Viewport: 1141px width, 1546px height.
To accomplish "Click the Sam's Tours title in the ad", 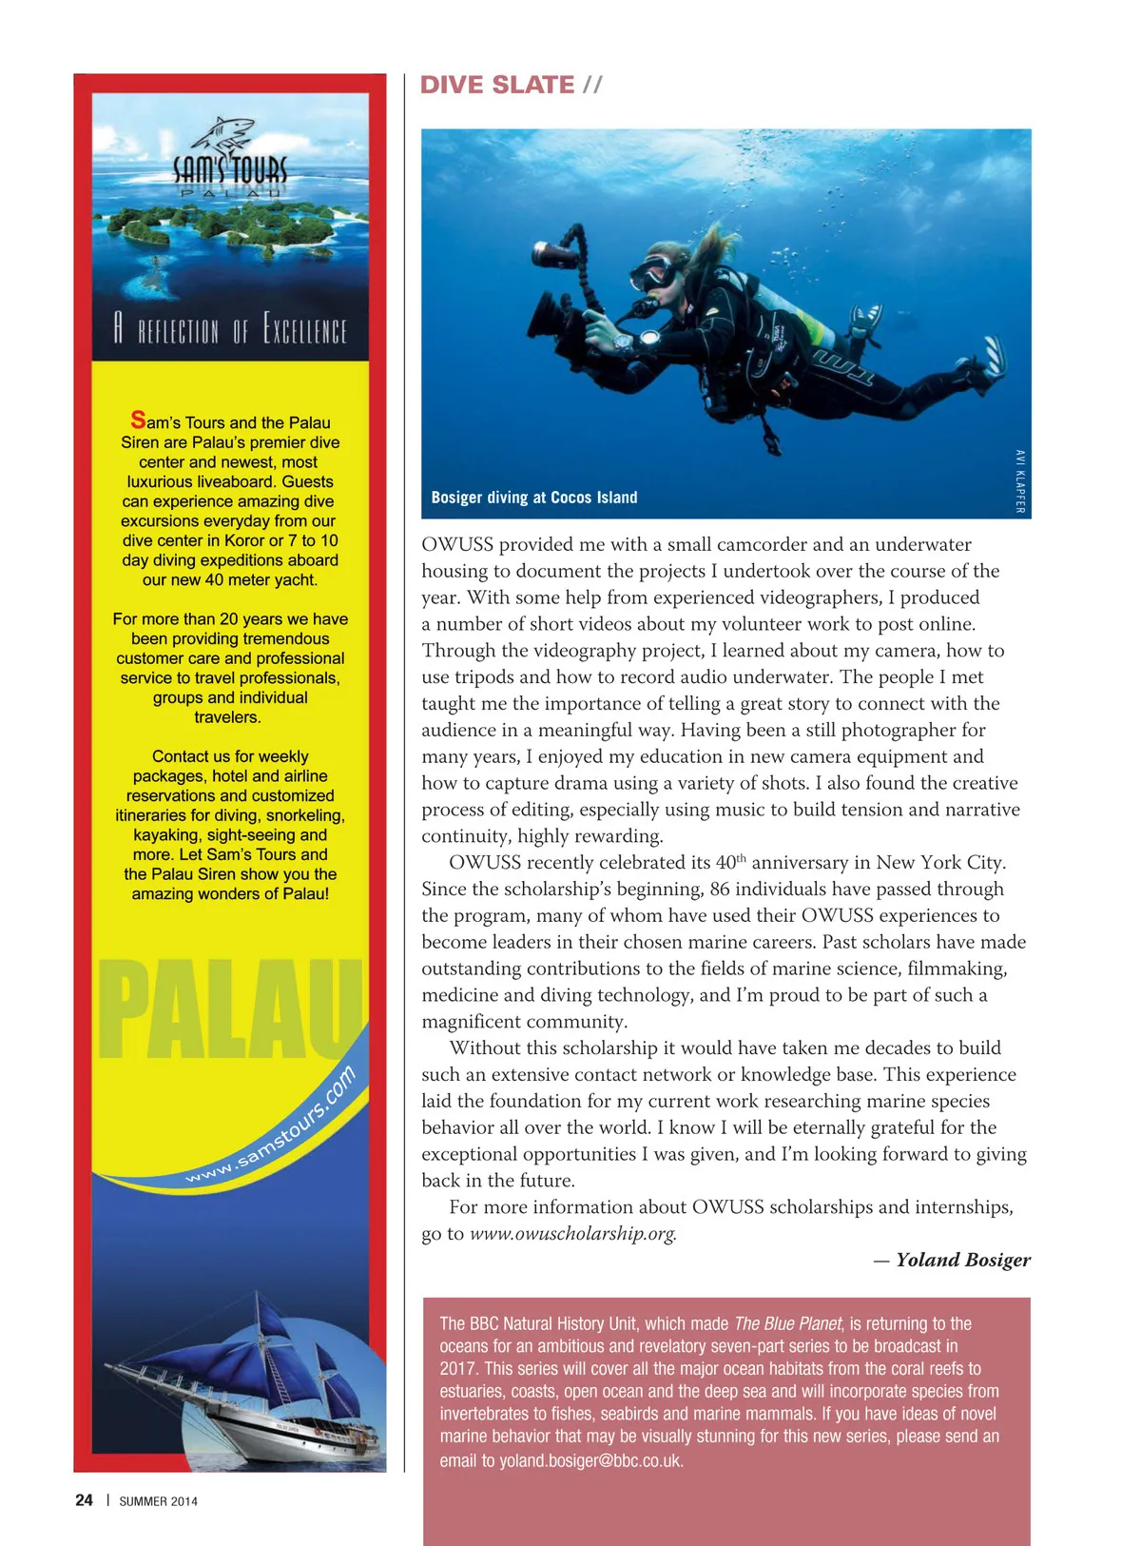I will click(229, 171).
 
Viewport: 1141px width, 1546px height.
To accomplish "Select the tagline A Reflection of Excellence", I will click(229, 328).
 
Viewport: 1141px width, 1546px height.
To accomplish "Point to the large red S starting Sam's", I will click(139, 420).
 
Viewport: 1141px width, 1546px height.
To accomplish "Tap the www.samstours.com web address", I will click(272, 1128).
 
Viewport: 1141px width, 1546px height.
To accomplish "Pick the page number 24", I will click(84, 1500).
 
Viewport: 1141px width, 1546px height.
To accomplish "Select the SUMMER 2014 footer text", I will click(158, 1501).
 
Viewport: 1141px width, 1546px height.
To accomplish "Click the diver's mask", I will click(654, 272).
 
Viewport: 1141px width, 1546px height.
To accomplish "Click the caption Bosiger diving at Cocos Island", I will click(534, 498).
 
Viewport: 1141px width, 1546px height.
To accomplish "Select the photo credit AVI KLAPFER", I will click(1020, 481).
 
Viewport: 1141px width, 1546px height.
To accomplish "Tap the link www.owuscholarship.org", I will click(573, 1234).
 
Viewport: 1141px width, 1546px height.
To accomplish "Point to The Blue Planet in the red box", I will click(787, 1323).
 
